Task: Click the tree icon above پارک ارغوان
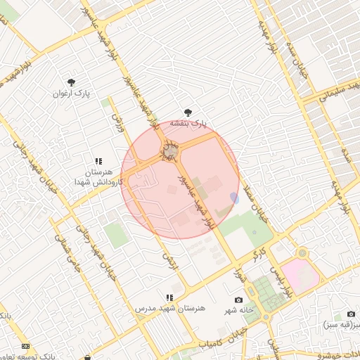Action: pos(71,82)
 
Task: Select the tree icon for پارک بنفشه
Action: pos(187,112)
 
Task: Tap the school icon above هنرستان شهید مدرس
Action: pos(169,298)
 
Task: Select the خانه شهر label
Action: pos(238,311)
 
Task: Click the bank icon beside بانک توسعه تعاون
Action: pos(26,346)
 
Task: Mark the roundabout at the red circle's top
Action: pos(171,151)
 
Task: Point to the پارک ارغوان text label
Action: pos(75,94)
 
